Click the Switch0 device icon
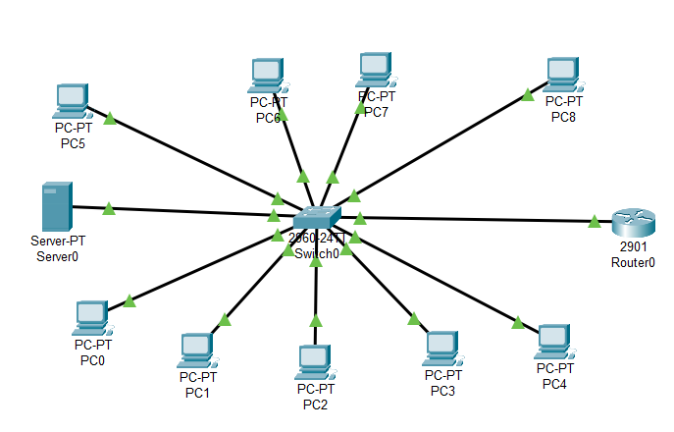(316, 218)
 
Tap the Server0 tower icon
(55, 206)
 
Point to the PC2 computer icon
(314, 361)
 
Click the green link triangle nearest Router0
(594, 222)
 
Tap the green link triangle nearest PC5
(110, 119)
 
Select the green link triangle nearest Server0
(108, 208)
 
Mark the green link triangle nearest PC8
(527, 95)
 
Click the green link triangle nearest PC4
(517, 321)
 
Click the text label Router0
(631, 262)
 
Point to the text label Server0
(56, 256)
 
